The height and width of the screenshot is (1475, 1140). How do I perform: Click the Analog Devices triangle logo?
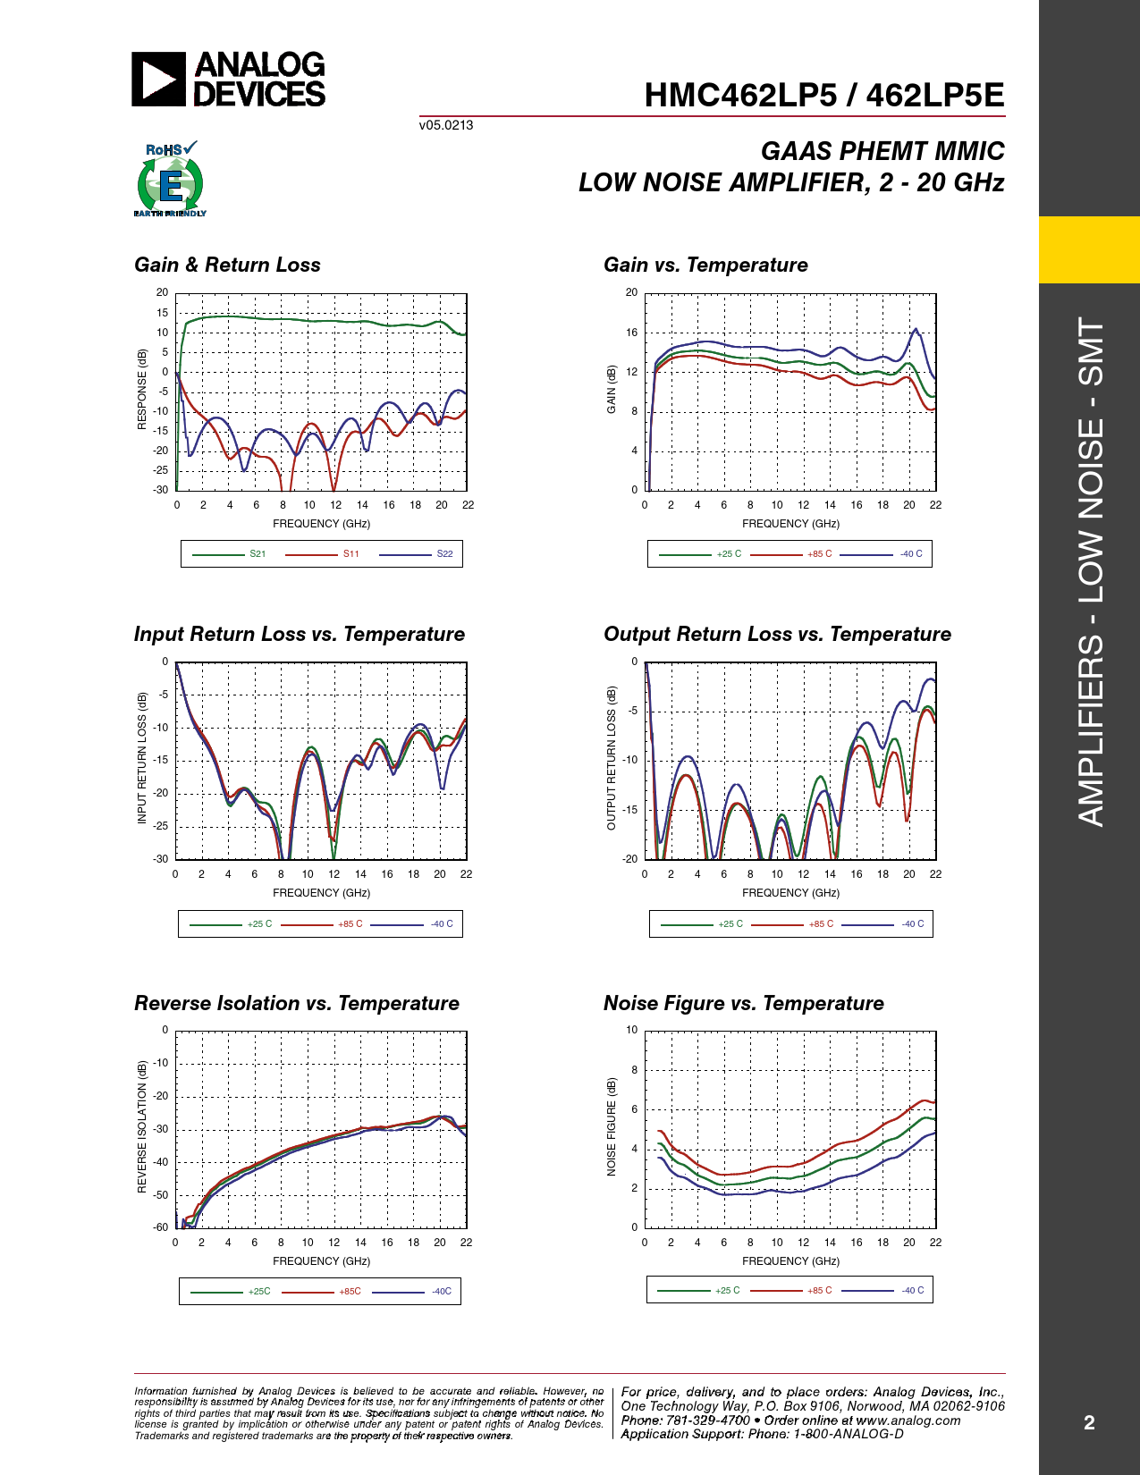click(158, 80)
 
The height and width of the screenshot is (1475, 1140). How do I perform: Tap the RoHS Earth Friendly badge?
click(170, 180)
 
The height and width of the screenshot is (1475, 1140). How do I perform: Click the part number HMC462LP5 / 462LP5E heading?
click(823, 96)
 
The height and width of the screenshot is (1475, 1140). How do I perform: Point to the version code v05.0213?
click(446, 125)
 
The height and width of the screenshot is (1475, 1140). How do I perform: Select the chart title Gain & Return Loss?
click(227, 265)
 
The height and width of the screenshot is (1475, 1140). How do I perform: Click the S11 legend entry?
click(350, 554)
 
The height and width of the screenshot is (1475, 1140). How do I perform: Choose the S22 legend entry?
click(444, 554)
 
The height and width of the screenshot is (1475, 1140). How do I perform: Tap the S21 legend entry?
click(258, 554)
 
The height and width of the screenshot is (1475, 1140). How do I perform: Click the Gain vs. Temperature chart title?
click(705, 265)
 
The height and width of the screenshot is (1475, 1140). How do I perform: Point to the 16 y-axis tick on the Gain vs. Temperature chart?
click(632, 333)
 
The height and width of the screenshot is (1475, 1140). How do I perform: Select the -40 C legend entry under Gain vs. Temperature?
click(911, 554)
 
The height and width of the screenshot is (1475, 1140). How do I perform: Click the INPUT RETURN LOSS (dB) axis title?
click(142, 758)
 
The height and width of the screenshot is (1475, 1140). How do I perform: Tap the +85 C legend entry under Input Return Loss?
click(350, 924)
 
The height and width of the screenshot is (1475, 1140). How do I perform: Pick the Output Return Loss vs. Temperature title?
click(777, 634)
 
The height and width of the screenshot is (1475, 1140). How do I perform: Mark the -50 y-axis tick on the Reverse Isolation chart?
click(161, 1195)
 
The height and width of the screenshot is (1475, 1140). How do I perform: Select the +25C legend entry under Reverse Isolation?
click(259, 1292)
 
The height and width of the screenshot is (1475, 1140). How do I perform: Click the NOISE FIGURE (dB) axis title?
click(612, 1127)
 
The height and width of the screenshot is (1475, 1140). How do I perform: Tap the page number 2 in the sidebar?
click(1089, 1423)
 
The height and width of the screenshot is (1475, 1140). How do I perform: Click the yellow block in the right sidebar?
click(1089, 249)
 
